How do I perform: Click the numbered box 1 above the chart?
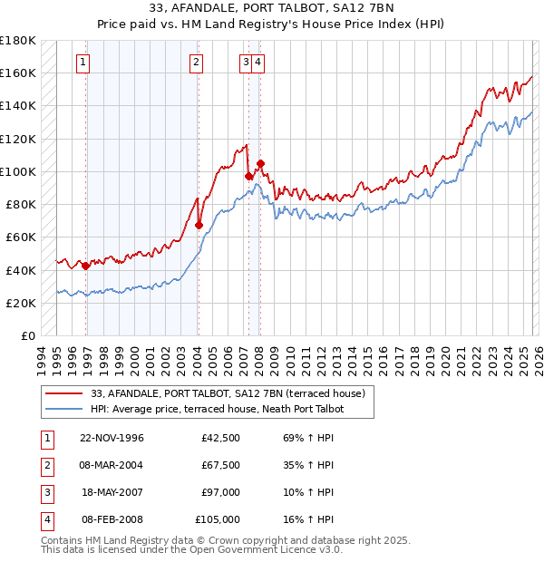[83, 63]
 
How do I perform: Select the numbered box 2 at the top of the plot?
[196, 63]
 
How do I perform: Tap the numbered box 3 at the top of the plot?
[246, 63]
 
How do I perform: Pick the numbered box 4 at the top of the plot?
[258, 63]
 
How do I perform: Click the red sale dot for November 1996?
[86, 266]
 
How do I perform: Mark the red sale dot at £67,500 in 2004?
[199, 225]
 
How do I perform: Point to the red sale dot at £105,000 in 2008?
[260, 163]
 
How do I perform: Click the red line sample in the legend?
[65, 393]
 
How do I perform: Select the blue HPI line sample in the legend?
[65, 409]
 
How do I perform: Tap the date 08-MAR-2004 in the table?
[112, 465]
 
